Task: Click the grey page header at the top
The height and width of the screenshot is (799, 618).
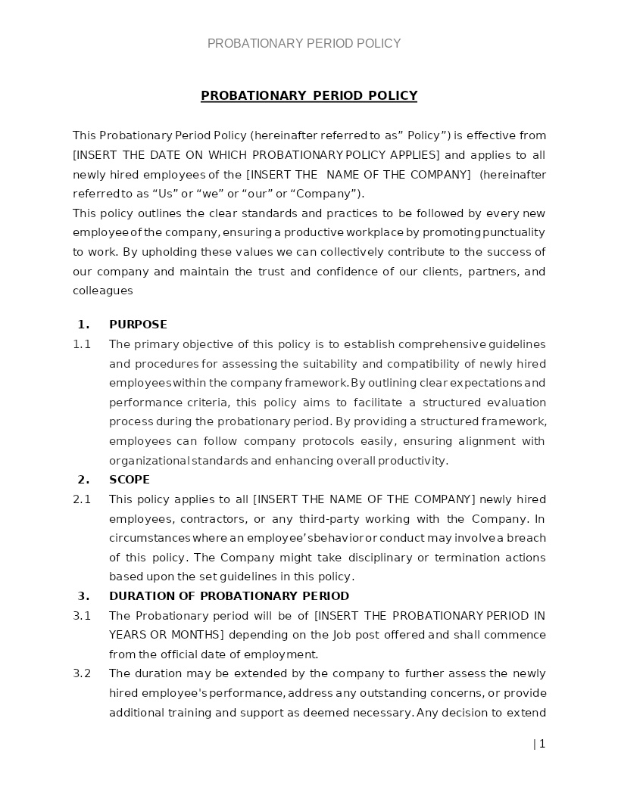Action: point(304,44)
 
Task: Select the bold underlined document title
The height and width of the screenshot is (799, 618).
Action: point(309,95)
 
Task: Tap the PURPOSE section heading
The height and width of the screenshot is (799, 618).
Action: point(138,325)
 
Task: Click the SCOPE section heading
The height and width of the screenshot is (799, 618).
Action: point(130,480)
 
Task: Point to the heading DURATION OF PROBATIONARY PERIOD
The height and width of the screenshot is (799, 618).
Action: point(229,596)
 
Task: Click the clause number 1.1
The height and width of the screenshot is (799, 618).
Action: point(82,344)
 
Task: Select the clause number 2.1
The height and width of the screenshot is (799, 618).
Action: point(82,499)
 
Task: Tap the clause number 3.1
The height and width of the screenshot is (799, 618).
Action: point(82,616)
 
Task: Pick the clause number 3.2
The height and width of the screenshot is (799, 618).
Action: point(82,673)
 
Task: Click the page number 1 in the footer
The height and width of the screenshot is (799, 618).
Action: point(542,744)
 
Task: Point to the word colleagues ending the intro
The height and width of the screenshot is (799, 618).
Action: point(103,291)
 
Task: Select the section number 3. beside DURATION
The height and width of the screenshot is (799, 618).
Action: point(83,596)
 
